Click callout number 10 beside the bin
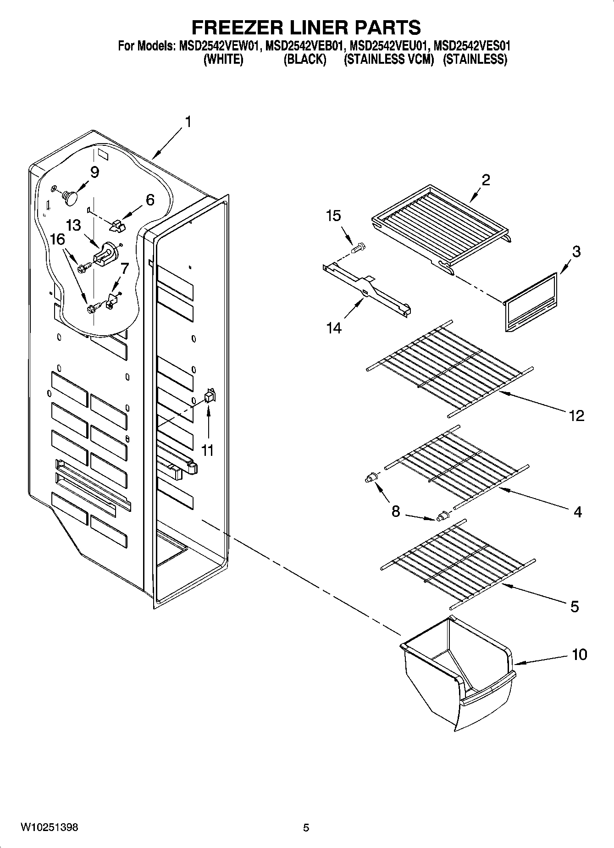pos(580,654)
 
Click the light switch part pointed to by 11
pos(209,396)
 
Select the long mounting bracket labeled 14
pos(367,294)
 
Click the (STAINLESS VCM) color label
pos(389,59)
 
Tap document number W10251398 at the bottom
pos(49,827)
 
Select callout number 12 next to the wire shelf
pos(576,416)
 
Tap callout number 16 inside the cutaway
pos(57,239)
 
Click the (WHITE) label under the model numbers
pos(223,59)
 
